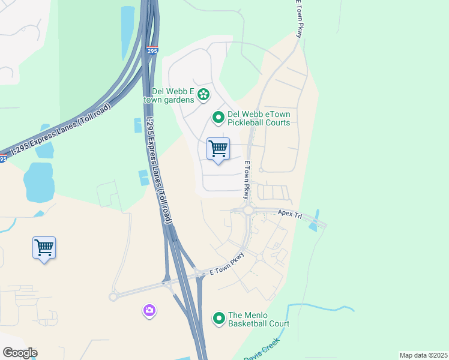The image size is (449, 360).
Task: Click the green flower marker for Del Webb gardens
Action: coord(203,94)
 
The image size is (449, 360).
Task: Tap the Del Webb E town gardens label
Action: coord(173,95)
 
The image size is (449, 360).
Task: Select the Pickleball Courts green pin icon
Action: coord(218,118)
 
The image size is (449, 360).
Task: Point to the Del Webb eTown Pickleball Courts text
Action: coord(258,118)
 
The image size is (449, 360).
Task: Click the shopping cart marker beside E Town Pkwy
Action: coord(218,149)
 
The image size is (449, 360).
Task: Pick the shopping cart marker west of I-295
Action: coord(44,247)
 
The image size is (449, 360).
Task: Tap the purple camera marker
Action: coord(149,310)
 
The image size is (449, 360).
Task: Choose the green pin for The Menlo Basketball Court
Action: coord(218,319)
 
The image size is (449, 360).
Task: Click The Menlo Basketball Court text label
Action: coord(258,319)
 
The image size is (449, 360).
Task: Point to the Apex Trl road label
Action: coord(289,213)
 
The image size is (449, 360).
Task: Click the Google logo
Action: coord(20,352)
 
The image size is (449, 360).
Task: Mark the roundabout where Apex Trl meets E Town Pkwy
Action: coord(247,210)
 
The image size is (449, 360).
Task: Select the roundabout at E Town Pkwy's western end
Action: coord(113,296)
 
